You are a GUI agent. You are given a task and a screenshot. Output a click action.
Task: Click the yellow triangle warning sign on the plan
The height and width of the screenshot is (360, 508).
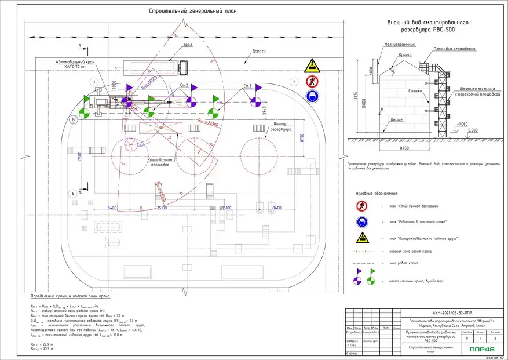pos(312,64)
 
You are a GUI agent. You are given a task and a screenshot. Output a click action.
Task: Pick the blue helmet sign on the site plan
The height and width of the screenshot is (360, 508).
pos(312,94)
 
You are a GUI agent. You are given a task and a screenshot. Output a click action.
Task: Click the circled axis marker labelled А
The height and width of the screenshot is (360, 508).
pos(72,193)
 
